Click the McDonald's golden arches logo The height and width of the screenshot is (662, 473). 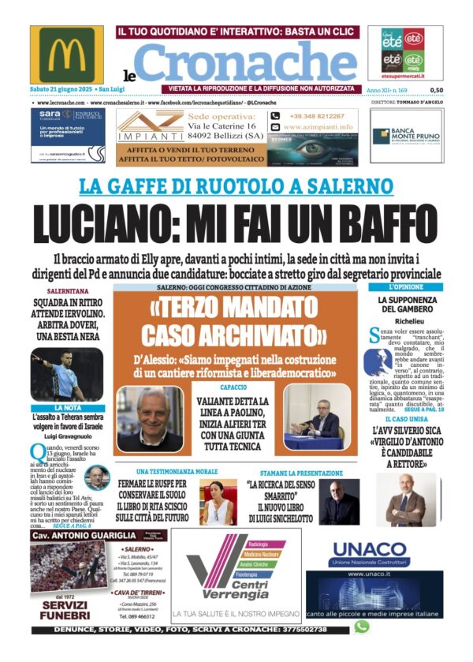pyautogui.click(x=71, y=55)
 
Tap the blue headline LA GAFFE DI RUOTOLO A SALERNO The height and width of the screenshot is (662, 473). pyautogui.click(x=236, y=187)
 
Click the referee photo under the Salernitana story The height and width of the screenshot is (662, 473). pyautogui.click(x=66, y=373)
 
